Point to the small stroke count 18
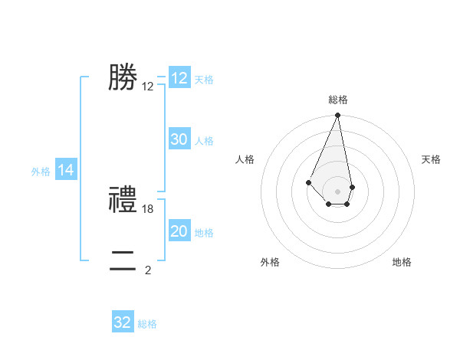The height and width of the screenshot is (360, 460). (x=149, y=209)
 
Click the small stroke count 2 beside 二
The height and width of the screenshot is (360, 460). (x=148, y=270)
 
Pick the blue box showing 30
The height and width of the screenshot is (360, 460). (x=179, y=139)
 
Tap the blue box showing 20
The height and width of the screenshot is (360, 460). (x=179, y=231)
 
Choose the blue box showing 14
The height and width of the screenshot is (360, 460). (x=66, y=171)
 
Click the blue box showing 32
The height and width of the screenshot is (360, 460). (x=123, y=322)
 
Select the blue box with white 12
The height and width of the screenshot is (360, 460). (x=179, y=78)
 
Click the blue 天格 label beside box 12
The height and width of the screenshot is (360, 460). (x=204, y=80)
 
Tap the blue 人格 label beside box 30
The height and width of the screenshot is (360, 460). (x=204, y=141)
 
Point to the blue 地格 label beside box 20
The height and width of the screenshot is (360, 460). (x=204, y=233)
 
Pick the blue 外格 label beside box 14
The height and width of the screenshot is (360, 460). (x=41, y=172)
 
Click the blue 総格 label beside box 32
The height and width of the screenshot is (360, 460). (x=147, y=324)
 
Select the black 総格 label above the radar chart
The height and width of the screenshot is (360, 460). (x=338, y=100)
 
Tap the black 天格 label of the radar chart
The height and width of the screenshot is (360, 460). (x=431, y=159)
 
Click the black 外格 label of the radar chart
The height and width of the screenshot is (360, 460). (x=270, y=262)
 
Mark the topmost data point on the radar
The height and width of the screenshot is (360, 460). (x=337, y=116)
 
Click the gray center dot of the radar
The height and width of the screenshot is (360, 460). (x=337, y=191)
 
